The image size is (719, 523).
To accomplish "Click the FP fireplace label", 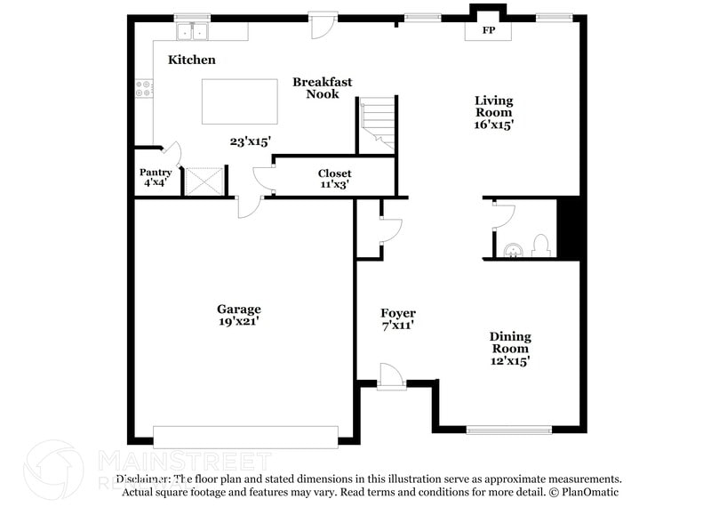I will coord(488,31).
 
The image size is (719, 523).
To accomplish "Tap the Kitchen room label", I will coord(192,60).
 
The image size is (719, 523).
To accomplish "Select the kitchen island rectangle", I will coord(239,101).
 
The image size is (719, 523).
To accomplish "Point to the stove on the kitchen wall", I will coord(143,88).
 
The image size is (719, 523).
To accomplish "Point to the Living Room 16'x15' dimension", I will coord(493,125).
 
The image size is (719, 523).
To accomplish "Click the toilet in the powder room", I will coord(539,245).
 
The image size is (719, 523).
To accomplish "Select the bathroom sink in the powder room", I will coord(511,249).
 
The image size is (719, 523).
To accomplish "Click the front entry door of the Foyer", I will coord(392,377).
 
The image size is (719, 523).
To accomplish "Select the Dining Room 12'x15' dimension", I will coord(510,360).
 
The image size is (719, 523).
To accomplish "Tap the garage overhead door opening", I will coord(245,436).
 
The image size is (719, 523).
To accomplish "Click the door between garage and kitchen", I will coord(248,205).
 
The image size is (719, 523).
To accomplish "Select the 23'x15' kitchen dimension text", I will coord(249,141).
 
